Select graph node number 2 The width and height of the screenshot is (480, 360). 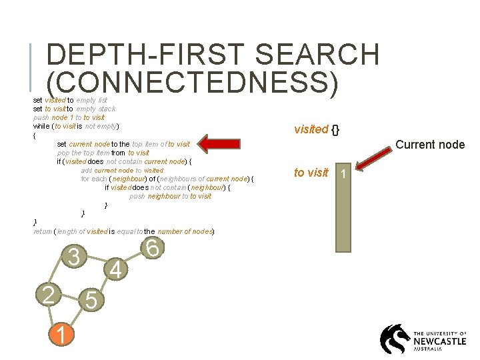click(x=48, y=293)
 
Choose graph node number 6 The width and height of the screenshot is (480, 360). click(x=152, y=248)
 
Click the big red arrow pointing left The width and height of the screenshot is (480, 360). click(x=225, y=144)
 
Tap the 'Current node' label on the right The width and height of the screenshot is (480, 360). click(x=430, y=144)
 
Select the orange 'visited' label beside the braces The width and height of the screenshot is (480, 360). click(x=311, y=129)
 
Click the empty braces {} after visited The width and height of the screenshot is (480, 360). click(x=336, y=129)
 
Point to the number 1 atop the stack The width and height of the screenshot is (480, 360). click(x=343, y=174)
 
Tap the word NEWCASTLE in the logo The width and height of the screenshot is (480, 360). click(x=439, y=340)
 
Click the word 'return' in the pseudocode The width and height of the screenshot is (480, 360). click(x=42, y=231)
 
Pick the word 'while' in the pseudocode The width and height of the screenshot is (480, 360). click(x=41, y=126)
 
